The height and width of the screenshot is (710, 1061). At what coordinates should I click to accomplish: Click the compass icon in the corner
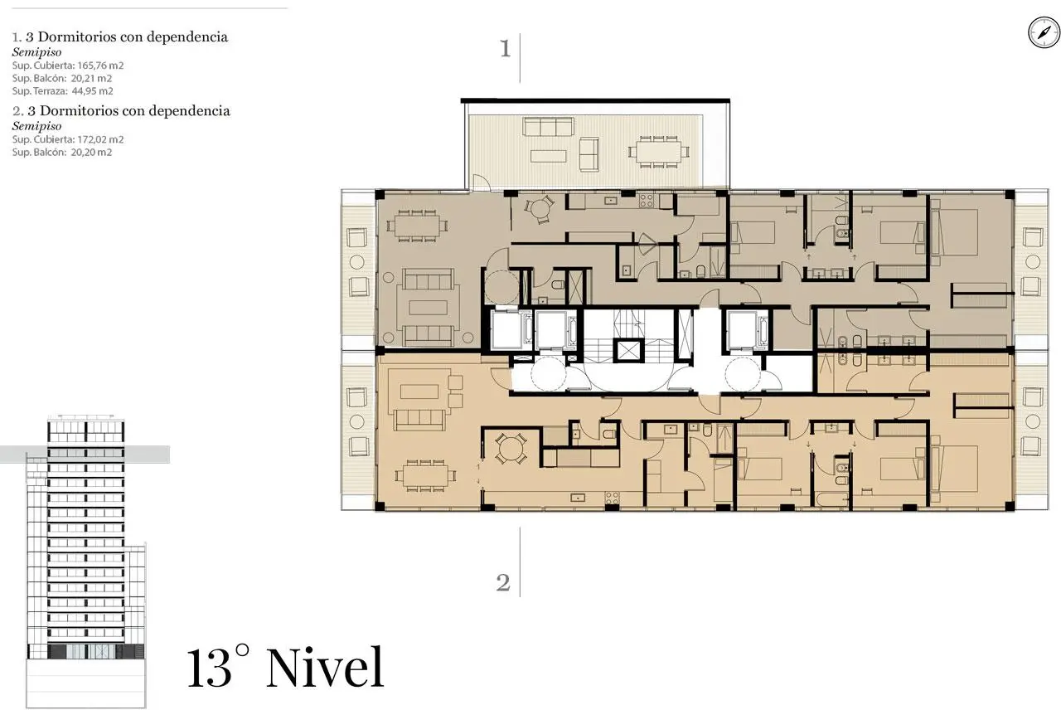(1044, 32)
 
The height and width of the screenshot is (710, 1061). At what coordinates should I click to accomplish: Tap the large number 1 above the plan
(506, 48)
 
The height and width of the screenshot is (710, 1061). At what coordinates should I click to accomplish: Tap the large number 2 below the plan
(503, 582)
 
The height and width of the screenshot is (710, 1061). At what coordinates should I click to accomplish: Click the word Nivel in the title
(325, 668)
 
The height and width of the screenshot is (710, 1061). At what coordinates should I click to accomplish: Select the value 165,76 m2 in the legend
(100, 66)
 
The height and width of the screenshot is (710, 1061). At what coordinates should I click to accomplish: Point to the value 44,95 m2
(92, 91)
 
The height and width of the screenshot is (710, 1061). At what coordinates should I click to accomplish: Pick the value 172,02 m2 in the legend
(100, 139)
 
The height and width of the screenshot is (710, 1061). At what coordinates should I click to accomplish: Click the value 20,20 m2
(91, 152)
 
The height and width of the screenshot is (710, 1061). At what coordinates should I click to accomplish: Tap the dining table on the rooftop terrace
(658, 152)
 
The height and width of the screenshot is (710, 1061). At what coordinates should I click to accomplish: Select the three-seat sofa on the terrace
(548, 127)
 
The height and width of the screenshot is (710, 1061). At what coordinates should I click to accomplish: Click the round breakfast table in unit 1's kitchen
(539, 209)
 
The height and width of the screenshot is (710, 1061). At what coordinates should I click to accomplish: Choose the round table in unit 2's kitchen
(510, 449)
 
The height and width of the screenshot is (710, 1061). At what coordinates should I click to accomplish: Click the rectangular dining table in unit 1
(417, 226)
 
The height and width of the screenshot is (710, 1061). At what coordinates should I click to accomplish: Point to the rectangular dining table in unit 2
(425, 475)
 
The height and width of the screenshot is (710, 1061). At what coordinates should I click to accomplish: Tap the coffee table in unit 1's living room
(429, 307)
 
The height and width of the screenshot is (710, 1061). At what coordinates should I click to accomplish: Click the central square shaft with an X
(628, 351)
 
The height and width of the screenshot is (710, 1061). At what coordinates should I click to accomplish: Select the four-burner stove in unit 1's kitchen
(646, 201)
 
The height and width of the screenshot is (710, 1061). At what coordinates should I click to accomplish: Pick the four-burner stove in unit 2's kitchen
(612, 498)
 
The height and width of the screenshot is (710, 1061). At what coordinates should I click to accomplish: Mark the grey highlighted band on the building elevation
(85, 454)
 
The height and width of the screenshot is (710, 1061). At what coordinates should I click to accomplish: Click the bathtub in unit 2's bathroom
(833, 499)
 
